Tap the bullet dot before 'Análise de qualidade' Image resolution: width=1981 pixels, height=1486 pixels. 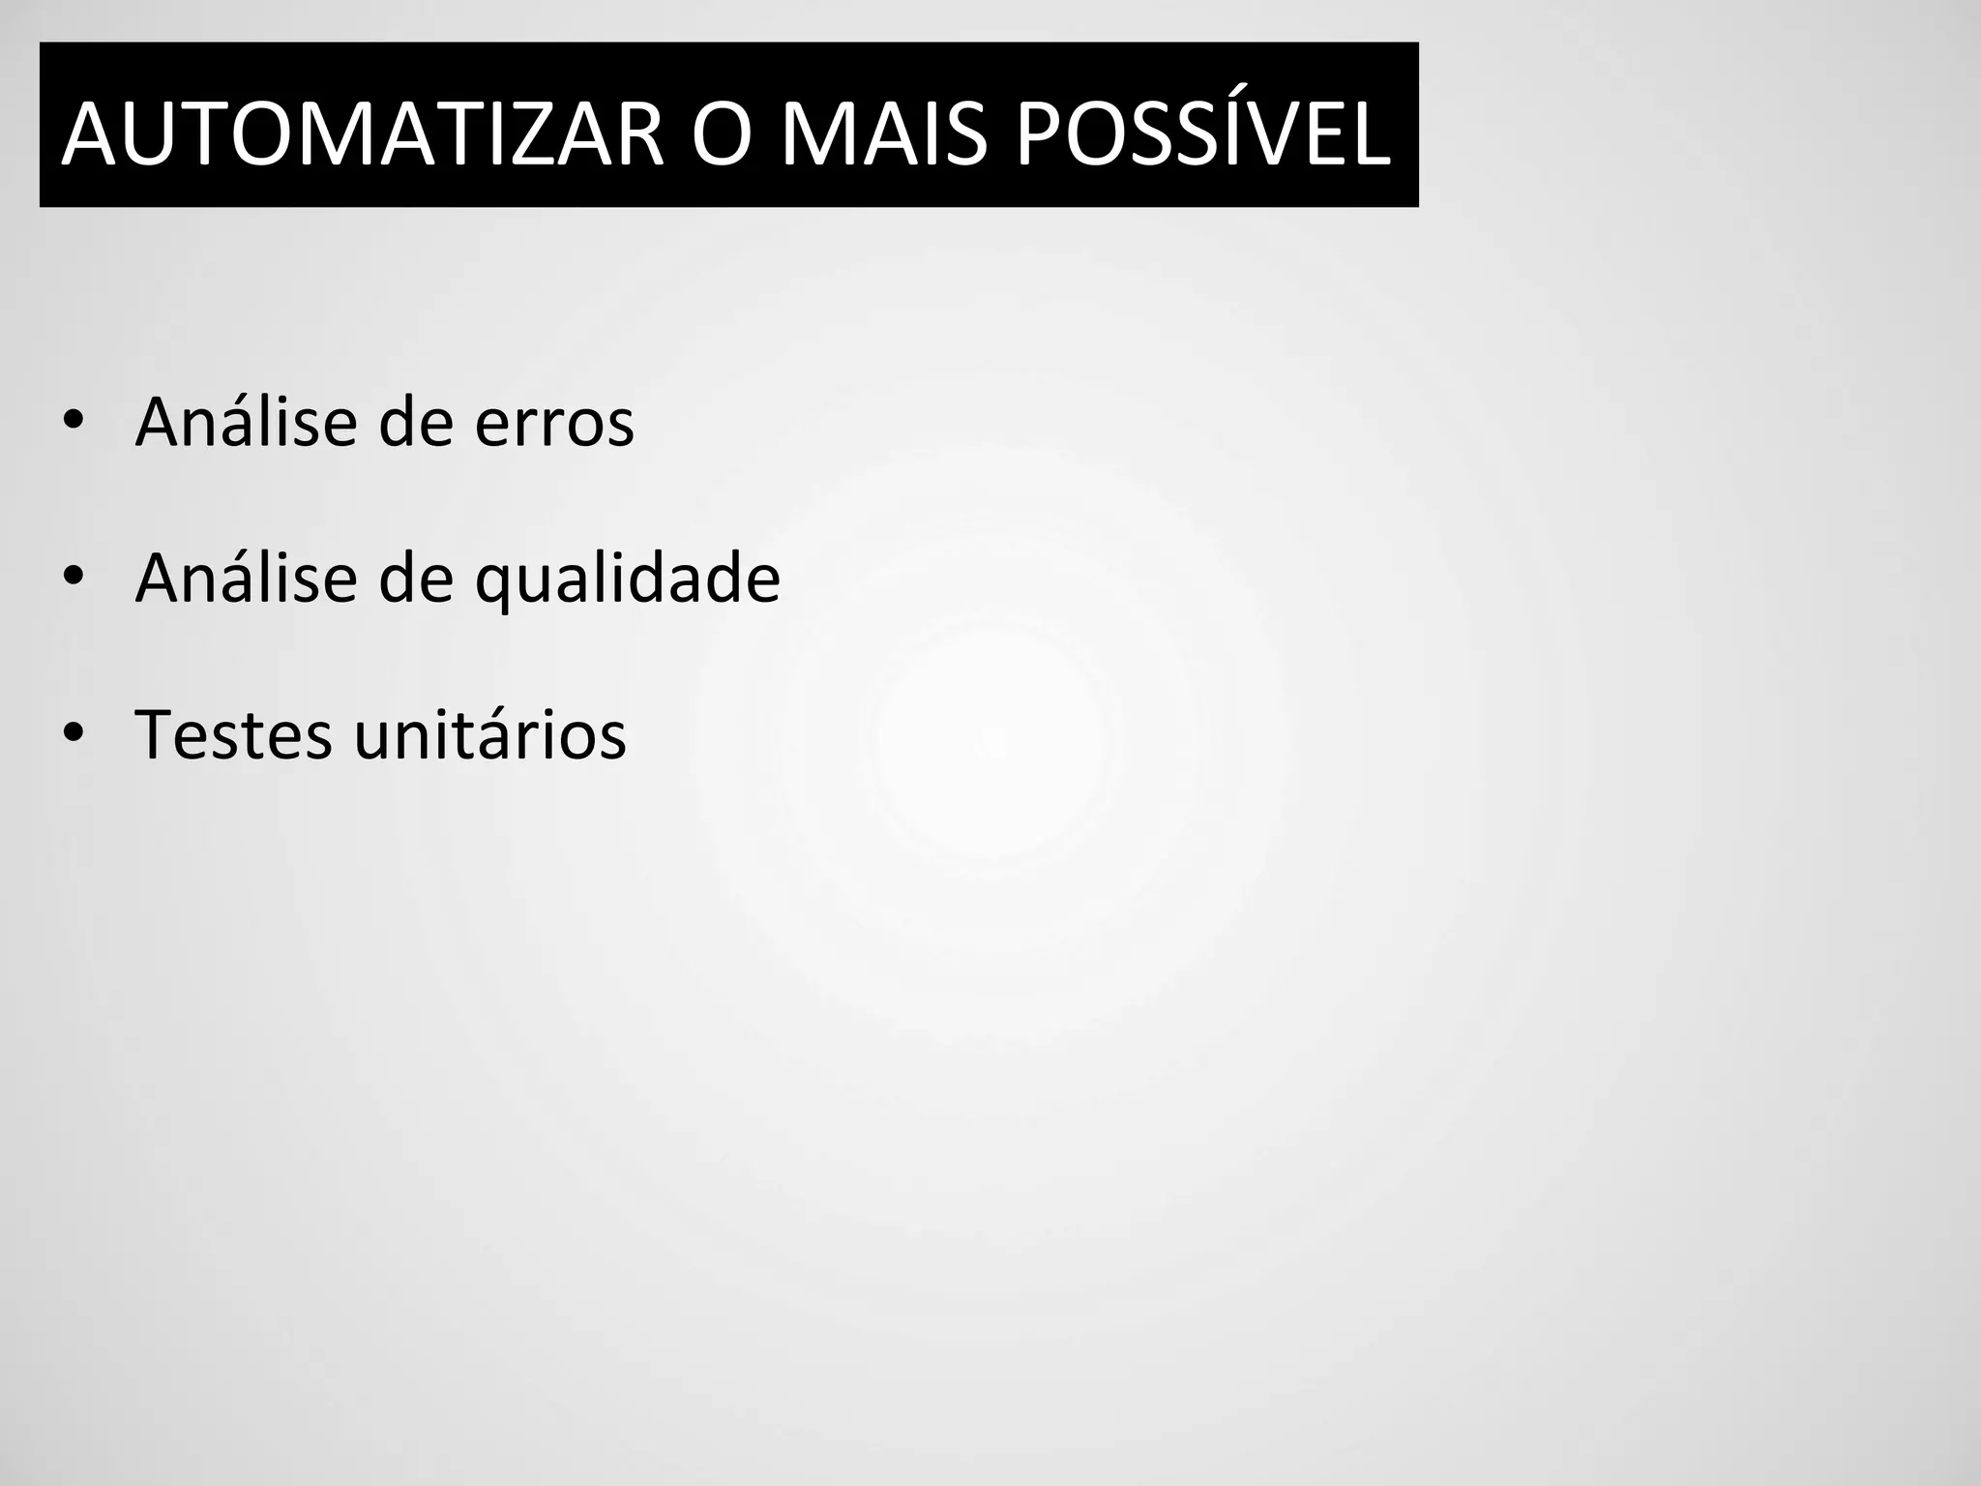[73, 578]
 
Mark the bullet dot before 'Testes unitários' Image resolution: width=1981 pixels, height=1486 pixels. [73, 734]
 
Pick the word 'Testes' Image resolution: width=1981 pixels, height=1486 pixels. [232, 735]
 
